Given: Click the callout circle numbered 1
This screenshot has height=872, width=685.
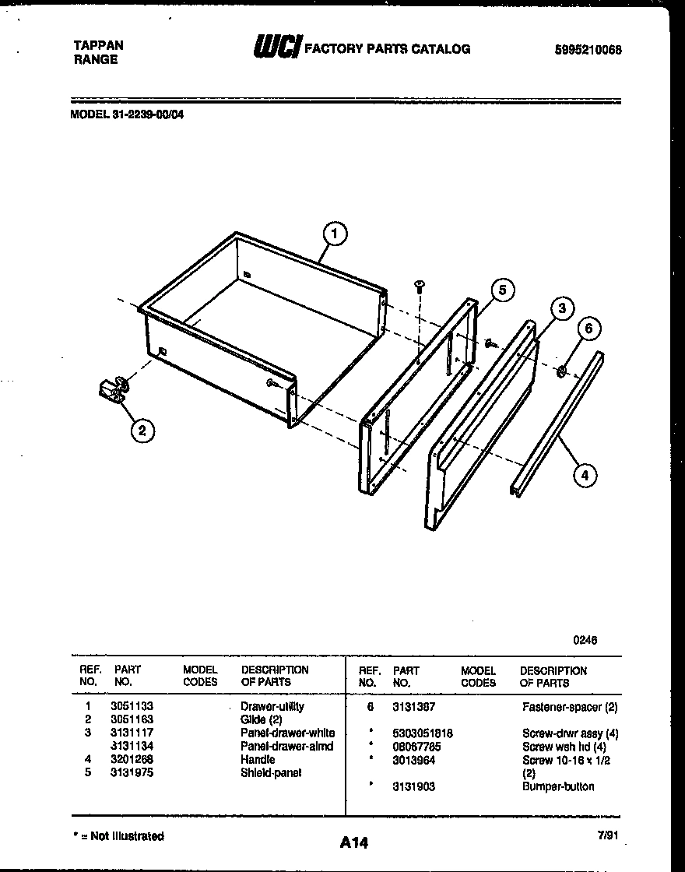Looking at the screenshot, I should (334, 234).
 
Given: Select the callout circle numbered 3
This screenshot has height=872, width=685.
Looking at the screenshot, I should (561, 309).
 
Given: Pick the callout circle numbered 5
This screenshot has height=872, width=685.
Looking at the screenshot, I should (503, 290).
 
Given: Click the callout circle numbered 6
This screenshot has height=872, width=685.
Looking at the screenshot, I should (588, 329).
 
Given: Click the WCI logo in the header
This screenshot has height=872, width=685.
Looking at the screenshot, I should (276, 47).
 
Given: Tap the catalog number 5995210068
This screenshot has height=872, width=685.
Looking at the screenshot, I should (588, 51).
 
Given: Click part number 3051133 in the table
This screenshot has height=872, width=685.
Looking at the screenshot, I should (126, 706).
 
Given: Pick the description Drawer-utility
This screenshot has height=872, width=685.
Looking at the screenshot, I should (272, 706).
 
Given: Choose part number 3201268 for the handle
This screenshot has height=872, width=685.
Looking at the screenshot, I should (126, 759).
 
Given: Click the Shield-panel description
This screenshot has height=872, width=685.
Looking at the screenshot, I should (270, 772).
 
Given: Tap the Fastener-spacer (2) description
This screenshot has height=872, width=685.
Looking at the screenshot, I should (570, 707).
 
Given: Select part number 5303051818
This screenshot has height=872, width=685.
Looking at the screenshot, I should (423, 733).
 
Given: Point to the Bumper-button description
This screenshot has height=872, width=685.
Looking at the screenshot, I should (557, 786).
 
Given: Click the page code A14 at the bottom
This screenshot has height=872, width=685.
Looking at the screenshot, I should (354, 842).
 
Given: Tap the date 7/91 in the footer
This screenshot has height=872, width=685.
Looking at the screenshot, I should (609, 835).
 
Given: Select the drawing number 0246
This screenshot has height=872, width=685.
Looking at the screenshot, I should (585, 640).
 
